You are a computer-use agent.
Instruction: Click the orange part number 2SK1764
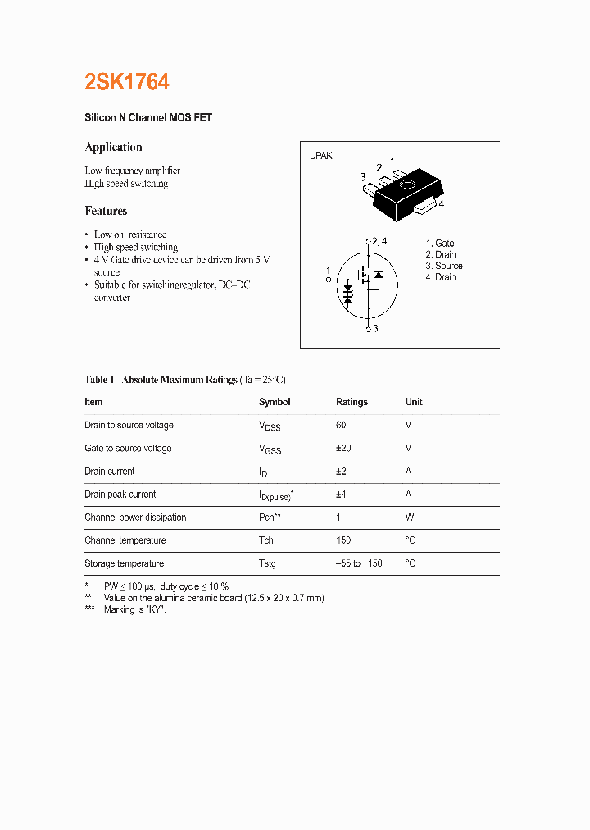pos(127,82)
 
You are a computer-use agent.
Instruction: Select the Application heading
pos(114,148)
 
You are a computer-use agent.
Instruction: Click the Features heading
pos(106,212)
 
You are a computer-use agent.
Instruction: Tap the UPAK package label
pos(320,156)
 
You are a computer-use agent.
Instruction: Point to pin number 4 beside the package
pos(441,205)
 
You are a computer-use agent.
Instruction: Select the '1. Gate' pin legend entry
pos(440,244)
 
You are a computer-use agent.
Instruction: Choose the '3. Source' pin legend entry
pos(443,266)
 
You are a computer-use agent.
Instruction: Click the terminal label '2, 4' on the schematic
pos(379,241)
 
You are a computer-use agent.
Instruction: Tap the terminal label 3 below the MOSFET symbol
pos(375,329)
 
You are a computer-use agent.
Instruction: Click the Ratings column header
pos(352,402)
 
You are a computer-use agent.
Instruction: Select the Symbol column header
pos(275,402)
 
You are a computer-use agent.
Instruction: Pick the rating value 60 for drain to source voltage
pos(341,425)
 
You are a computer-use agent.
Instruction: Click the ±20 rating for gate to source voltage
pos(343,448)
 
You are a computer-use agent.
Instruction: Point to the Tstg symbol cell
pos(267,563)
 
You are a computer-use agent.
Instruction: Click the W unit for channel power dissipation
pos(410,518)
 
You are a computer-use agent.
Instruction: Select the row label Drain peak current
pos(120,495)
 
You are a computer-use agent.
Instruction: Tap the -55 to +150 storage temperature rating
pos(359,563)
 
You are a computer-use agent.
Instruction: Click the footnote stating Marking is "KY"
pos(134,609)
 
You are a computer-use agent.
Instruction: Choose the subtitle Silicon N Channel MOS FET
pos(148,118)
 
